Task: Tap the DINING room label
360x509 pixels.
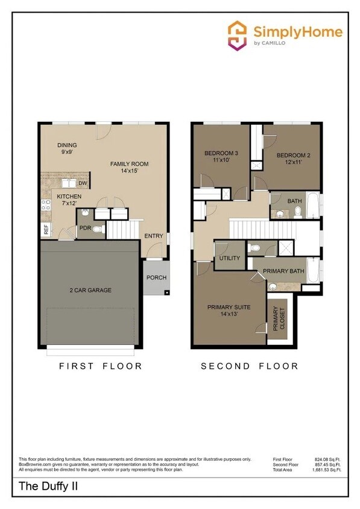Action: (67, 145)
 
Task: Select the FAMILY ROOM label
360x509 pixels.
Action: (129, 164)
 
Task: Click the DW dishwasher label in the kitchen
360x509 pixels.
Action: (83, 183)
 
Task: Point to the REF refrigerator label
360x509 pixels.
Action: (46, 230)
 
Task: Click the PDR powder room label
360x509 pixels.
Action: (84, 228)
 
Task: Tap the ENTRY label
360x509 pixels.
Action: (154, 236)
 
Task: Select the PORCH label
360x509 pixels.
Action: (156, 277)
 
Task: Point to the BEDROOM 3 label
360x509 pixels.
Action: (220, 153)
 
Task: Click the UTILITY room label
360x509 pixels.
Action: (229, 258)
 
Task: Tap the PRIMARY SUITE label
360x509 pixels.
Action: (229, 307)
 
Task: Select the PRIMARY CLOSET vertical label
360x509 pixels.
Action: (279, 319)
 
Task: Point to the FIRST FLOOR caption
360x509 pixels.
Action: (100, 365)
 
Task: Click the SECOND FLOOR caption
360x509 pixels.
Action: (249, 365)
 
